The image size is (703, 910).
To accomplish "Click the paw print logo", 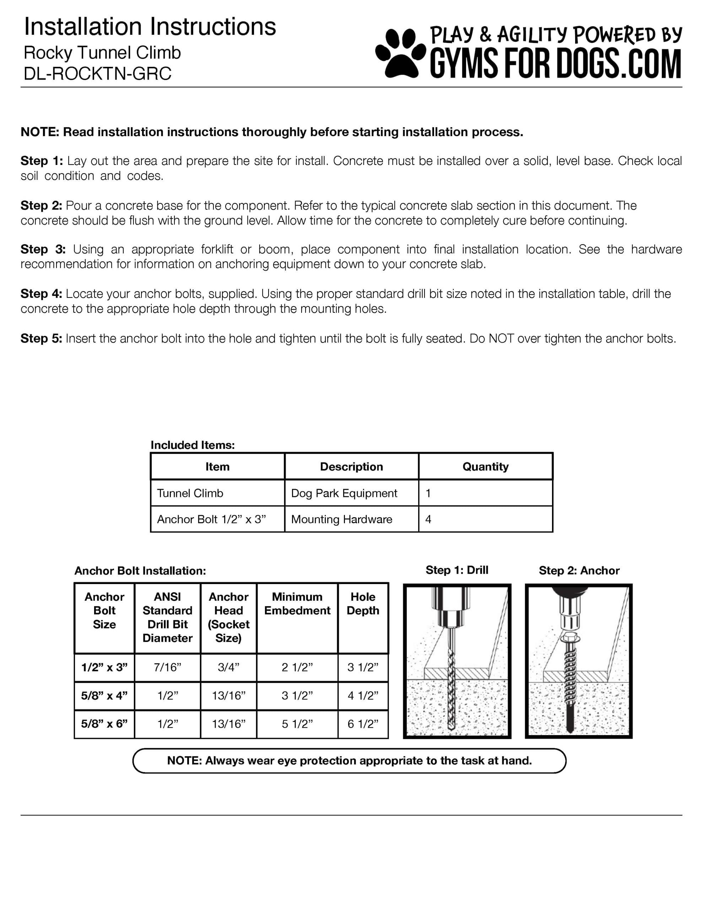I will click(x=401, y=53).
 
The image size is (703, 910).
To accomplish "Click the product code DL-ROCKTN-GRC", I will click(x=97, y=74).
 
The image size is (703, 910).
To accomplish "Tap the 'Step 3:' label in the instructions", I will click(x=43, y=250).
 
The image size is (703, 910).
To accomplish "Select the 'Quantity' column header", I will click(x=485, y=467).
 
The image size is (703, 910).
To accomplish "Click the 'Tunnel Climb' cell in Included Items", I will click(x=190, y=493).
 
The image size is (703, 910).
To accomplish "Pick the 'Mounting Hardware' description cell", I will click(x=341, y=519).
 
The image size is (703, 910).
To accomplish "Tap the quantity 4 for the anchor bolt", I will click(x=428, y=519).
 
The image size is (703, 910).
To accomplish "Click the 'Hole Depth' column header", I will click(x=363, y=604).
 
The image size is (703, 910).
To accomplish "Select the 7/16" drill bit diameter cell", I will click(x=167, y=668).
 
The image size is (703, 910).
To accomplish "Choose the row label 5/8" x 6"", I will click(x=104, y=724).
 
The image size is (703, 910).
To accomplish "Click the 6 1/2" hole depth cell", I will click(x=363, y=724).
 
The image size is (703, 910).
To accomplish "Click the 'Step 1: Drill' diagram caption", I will click(x=457, y=570).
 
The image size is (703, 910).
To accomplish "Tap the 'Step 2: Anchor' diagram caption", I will click(x=579, y=571).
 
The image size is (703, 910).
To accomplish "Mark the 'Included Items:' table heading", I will click(x=193, y=445).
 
